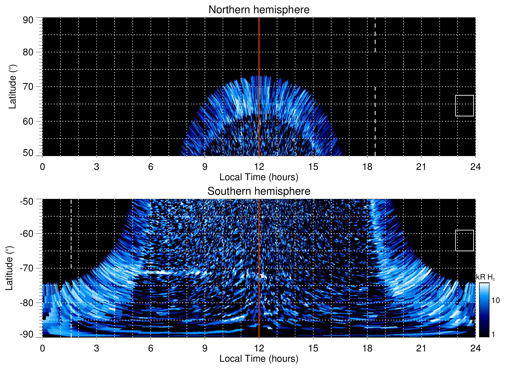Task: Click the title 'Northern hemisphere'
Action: (259, 10)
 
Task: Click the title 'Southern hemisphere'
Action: (259, 191)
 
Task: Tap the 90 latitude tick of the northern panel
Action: (28, 20)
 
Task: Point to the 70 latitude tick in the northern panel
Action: (28, 87)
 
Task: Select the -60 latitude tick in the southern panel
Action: (27, 234)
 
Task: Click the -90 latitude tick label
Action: (27, 335)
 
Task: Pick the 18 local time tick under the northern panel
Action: (367, 167)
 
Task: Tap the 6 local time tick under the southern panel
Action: (150, 348)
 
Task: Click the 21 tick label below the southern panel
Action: (421, 348)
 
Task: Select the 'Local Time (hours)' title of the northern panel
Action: (259, 177)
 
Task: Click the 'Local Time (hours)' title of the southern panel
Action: (259, 359)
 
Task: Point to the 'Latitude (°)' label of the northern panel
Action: (12, 87)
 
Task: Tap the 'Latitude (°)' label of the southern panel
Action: (9, 268)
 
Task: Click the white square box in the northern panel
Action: (465, 106)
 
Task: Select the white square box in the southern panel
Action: (465, 240)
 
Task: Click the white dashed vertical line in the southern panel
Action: (71, 233)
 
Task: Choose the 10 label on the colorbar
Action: (496, 301)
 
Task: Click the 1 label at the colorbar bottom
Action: (493, 335)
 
